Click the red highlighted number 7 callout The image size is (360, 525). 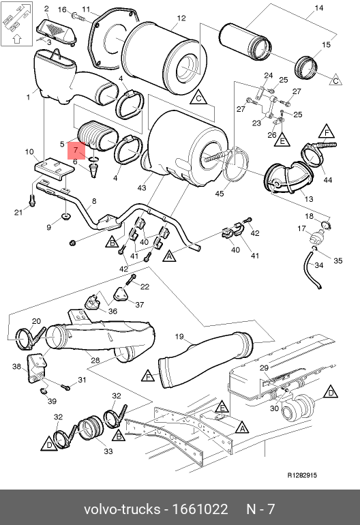point(76,150)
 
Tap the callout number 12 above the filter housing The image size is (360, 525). point(181,18)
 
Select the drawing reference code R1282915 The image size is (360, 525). point(302,475)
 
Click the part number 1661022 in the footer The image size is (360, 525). point(200,509)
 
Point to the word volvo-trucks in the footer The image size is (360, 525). point(122,509)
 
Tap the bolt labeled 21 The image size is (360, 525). point(32,201)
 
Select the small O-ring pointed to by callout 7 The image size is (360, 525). point(94,158)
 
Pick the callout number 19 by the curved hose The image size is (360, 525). point(179,336)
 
